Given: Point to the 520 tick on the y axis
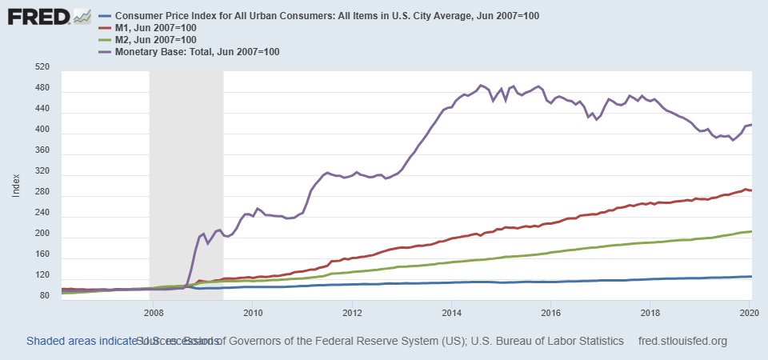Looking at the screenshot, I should tap(42, 68).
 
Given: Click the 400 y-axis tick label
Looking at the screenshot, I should tap(42, 130).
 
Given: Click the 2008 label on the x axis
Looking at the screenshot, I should tap(154, 312).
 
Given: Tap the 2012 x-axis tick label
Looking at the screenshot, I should tap(352, 312).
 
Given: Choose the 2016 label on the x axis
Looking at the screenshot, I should tap(550, 312).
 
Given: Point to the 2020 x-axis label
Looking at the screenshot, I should tap(749, 312).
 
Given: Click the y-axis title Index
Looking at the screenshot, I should tap(16, 186).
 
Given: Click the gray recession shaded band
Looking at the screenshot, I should tap(186, 184).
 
